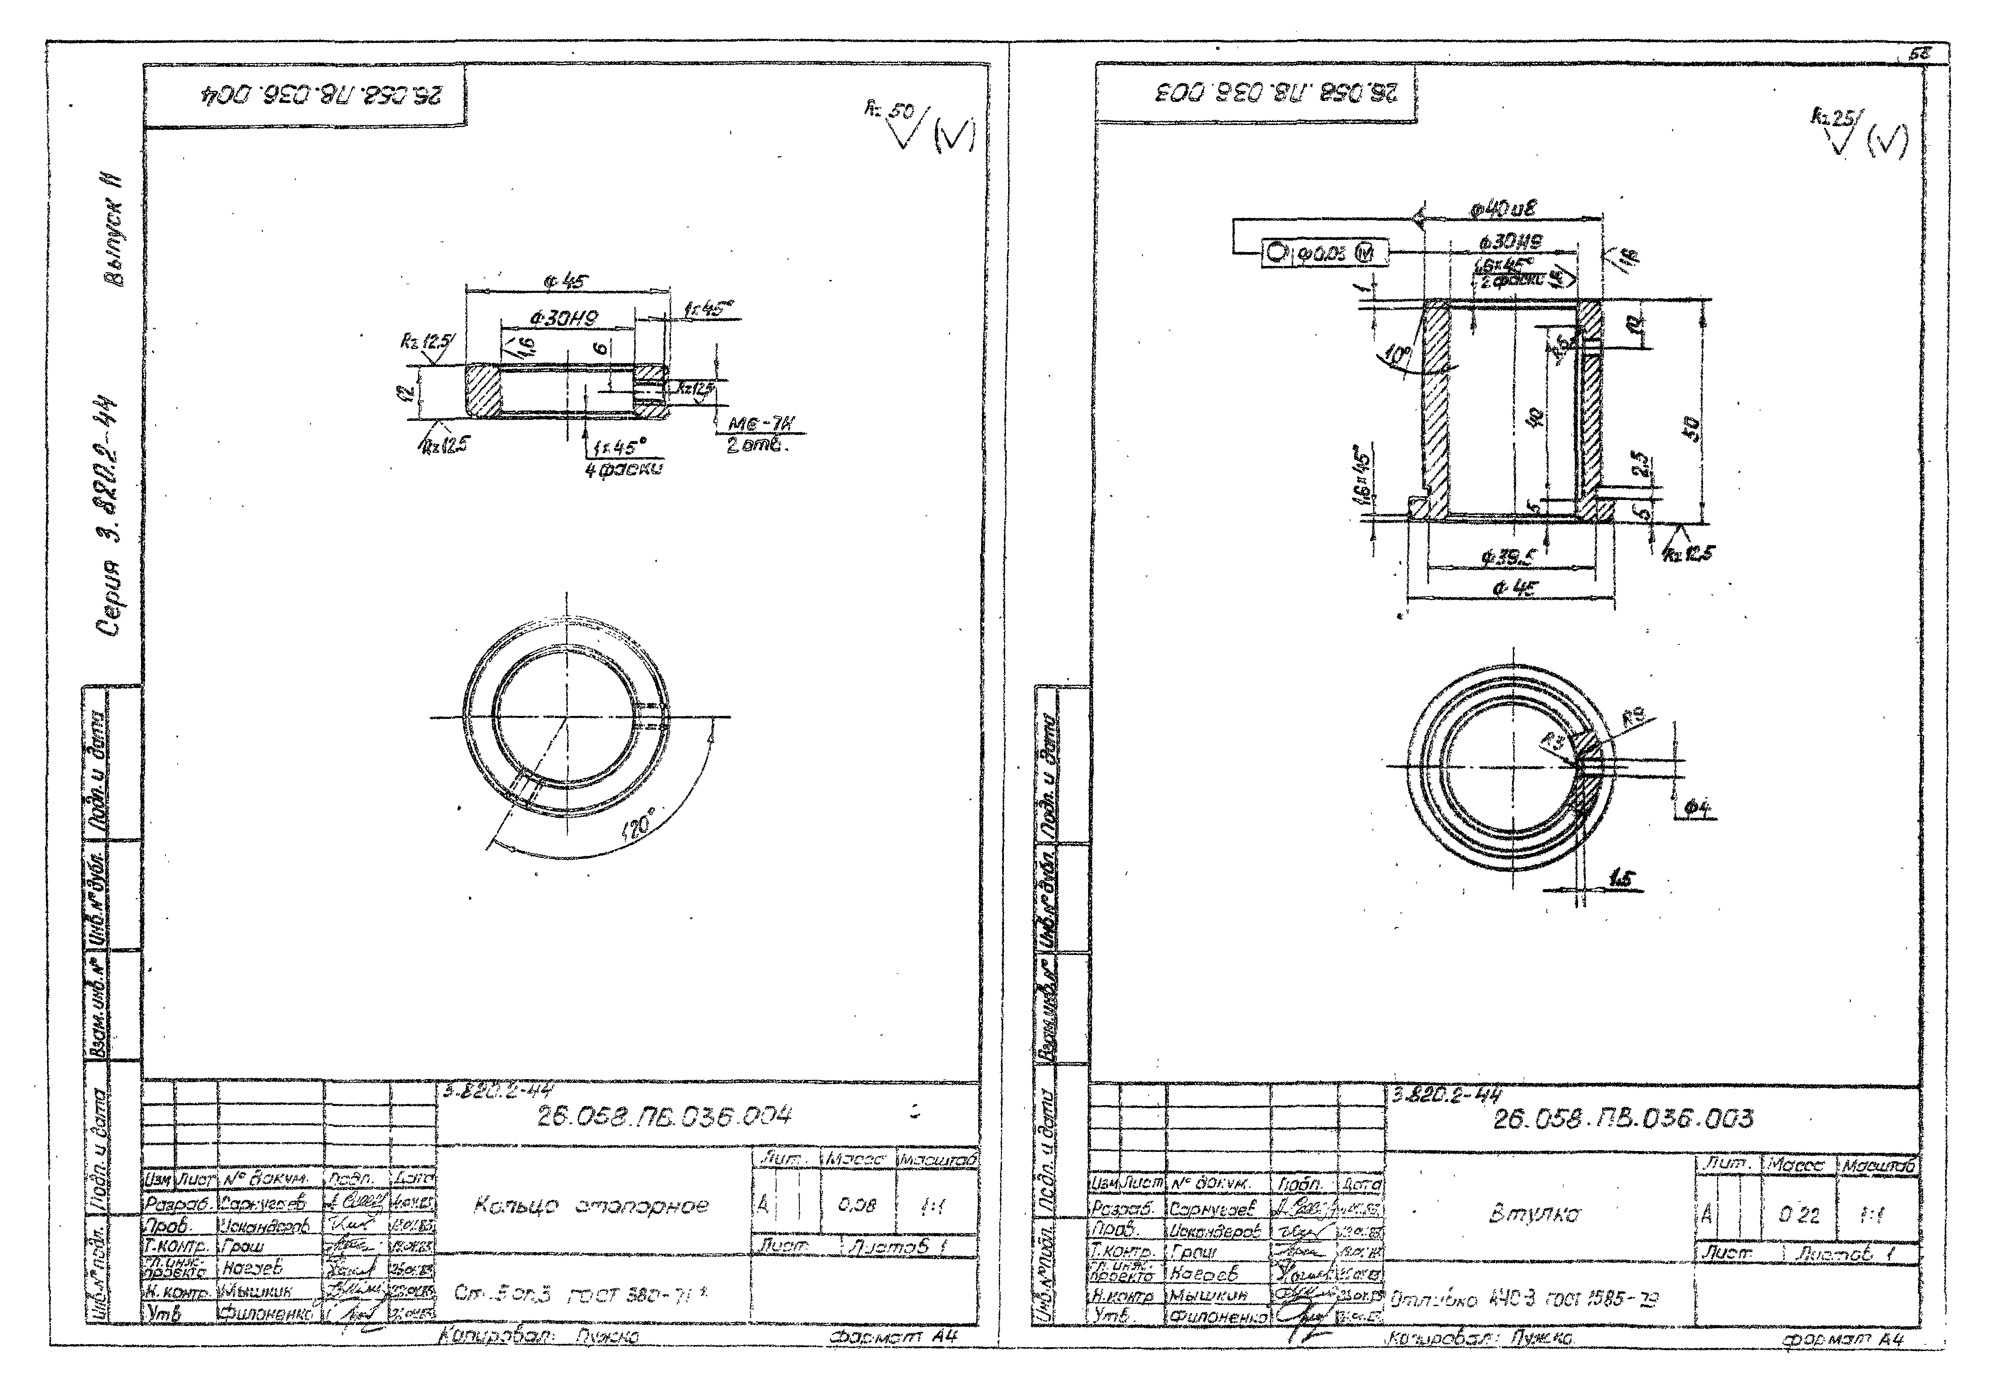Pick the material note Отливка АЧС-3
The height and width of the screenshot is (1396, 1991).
pyautogui.click(x=1526, y=1300)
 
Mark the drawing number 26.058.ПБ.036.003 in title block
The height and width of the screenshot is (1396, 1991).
pyautogui.click(x=1621, y=1119)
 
